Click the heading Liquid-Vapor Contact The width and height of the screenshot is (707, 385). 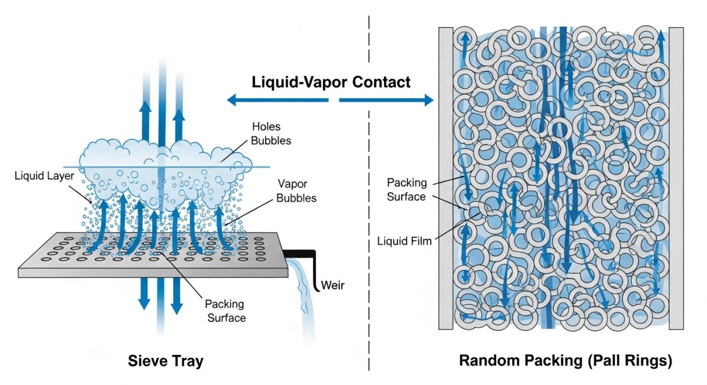pyautogui.click(x=331, y=82)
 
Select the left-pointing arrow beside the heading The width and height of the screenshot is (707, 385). pyautogui.click(x=277, y=101)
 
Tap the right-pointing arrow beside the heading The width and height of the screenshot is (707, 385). pyautogui.click(x=386, y=101)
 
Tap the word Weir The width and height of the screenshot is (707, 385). pyautogui.click(x=332, y=286)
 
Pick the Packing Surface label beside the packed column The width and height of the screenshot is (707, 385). pyautogui.click(x=407, y=190)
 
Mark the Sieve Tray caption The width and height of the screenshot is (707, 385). pyautogui.click(x=166, y=360)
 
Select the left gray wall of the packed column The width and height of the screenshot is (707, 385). pyautogui.click(x=445, y=177)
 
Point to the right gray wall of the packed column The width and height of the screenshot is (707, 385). pyautogui.click(x=676, y=177)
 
